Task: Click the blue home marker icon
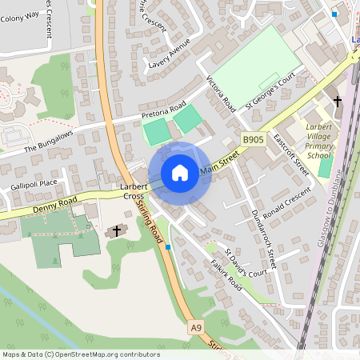point(180,173)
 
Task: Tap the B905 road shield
point(253,140)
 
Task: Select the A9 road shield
point(196,327)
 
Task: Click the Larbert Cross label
point(132,190)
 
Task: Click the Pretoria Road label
point(163,110)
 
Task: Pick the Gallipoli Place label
point(34,184)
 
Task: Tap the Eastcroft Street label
point(290,154)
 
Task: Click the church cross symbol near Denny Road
point(117,231)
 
